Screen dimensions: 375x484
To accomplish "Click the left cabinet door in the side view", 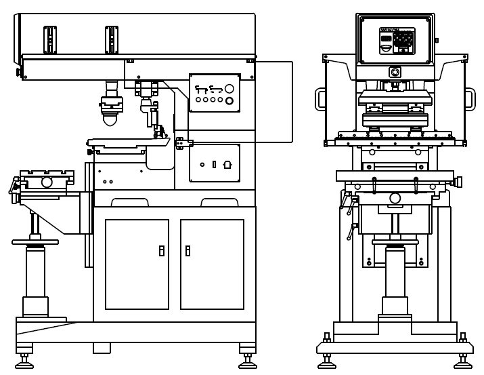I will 137,264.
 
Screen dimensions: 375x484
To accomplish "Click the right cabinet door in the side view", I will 212,264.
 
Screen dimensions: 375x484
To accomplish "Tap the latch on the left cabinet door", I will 162,250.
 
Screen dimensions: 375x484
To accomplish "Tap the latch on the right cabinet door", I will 188,250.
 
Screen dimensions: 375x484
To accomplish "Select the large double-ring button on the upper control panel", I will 229,101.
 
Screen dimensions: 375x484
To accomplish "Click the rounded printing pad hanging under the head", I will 110,119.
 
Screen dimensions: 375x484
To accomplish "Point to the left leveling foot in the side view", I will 24,361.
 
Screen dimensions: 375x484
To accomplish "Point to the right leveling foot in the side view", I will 248,361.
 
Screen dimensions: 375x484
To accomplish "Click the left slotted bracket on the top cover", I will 50,39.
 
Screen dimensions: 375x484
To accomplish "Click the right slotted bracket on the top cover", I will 112,39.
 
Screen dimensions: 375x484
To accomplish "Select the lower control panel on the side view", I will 215,163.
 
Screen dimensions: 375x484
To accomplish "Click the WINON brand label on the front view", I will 389,30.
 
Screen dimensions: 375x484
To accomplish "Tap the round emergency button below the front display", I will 395,72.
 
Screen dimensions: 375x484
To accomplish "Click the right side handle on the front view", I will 470,99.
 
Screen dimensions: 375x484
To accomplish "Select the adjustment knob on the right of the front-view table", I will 458,182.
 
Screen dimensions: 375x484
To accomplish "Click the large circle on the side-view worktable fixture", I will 47,182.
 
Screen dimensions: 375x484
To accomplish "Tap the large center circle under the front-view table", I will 395,198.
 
